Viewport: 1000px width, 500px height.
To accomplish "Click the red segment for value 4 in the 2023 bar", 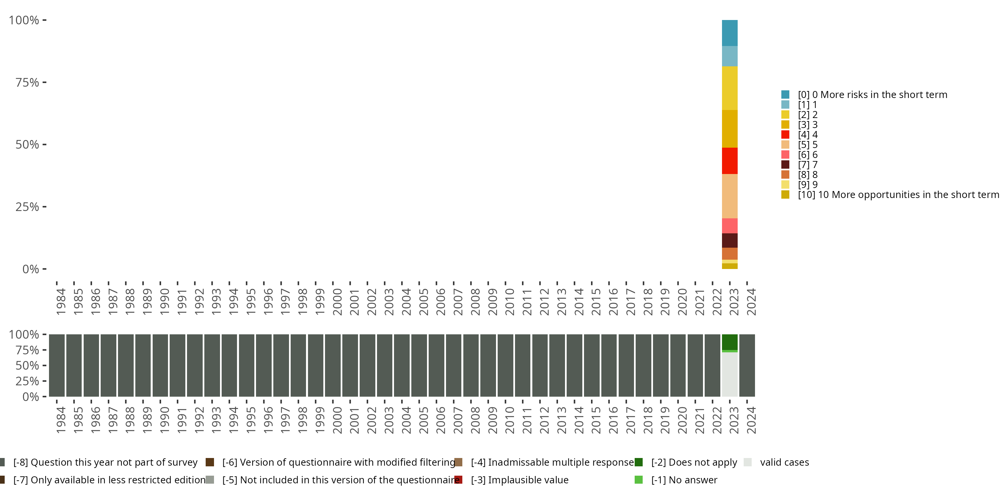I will tap(729, 161).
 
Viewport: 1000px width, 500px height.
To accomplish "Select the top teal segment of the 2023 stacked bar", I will tap(729, 33).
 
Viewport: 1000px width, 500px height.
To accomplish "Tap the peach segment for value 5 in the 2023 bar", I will tap(729, 196).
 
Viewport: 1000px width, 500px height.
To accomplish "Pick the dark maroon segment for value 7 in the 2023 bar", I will tap(729, 240).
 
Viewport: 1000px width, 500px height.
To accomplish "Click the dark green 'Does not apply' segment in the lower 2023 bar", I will tap(729, 342).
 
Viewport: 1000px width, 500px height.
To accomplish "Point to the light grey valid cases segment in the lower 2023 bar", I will tap(729, 374).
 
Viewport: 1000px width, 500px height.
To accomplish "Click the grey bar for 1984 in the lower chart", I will tap(57, 365).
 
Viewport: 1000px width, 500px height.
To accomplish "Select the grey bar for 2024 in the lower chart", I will tap(747, 365).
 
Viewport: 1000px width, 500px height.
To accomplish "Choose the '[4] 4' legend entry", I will tap(807, 135).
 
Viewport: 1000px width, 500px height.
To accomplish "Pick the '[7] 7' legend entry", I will tap(807, 165).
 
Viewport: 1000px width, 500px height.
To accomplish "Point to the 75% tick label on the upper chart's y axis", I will tap(27, 82).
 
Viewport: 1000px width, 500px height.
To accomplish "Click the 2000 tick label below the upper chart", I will tap(337, 302).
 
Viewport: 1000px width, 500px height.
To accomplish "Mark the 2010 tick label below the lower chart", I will tap(509, 420).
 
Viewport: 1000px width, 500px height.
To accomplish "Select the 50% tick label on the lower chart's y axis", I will tap(27, 365).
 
